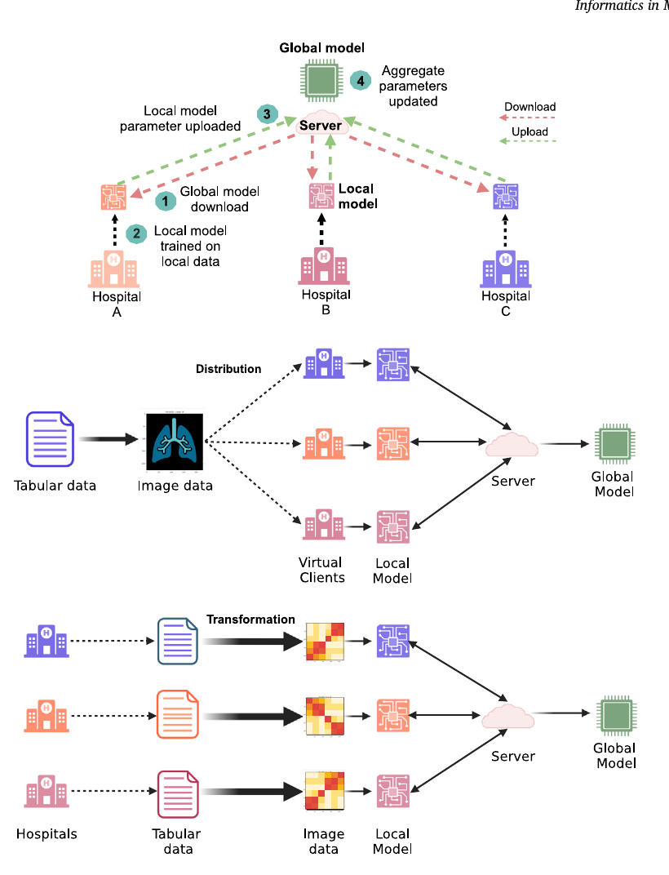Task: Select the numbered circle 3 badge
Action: (x=266, y=113)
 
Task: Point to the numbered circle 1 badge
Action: (x=166, y=199)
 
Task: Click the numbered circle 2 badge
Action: (x=137, y=233)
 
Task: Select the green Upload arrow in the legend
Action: (x=529, y=142)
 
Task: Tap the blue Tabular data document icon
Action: (x=50, y=438)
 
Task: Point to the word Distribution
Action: (x=228, y=369)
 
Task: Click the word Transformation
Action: (x=250, y=620)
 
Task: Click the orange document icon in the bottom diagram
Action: (x=176, y=714)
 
